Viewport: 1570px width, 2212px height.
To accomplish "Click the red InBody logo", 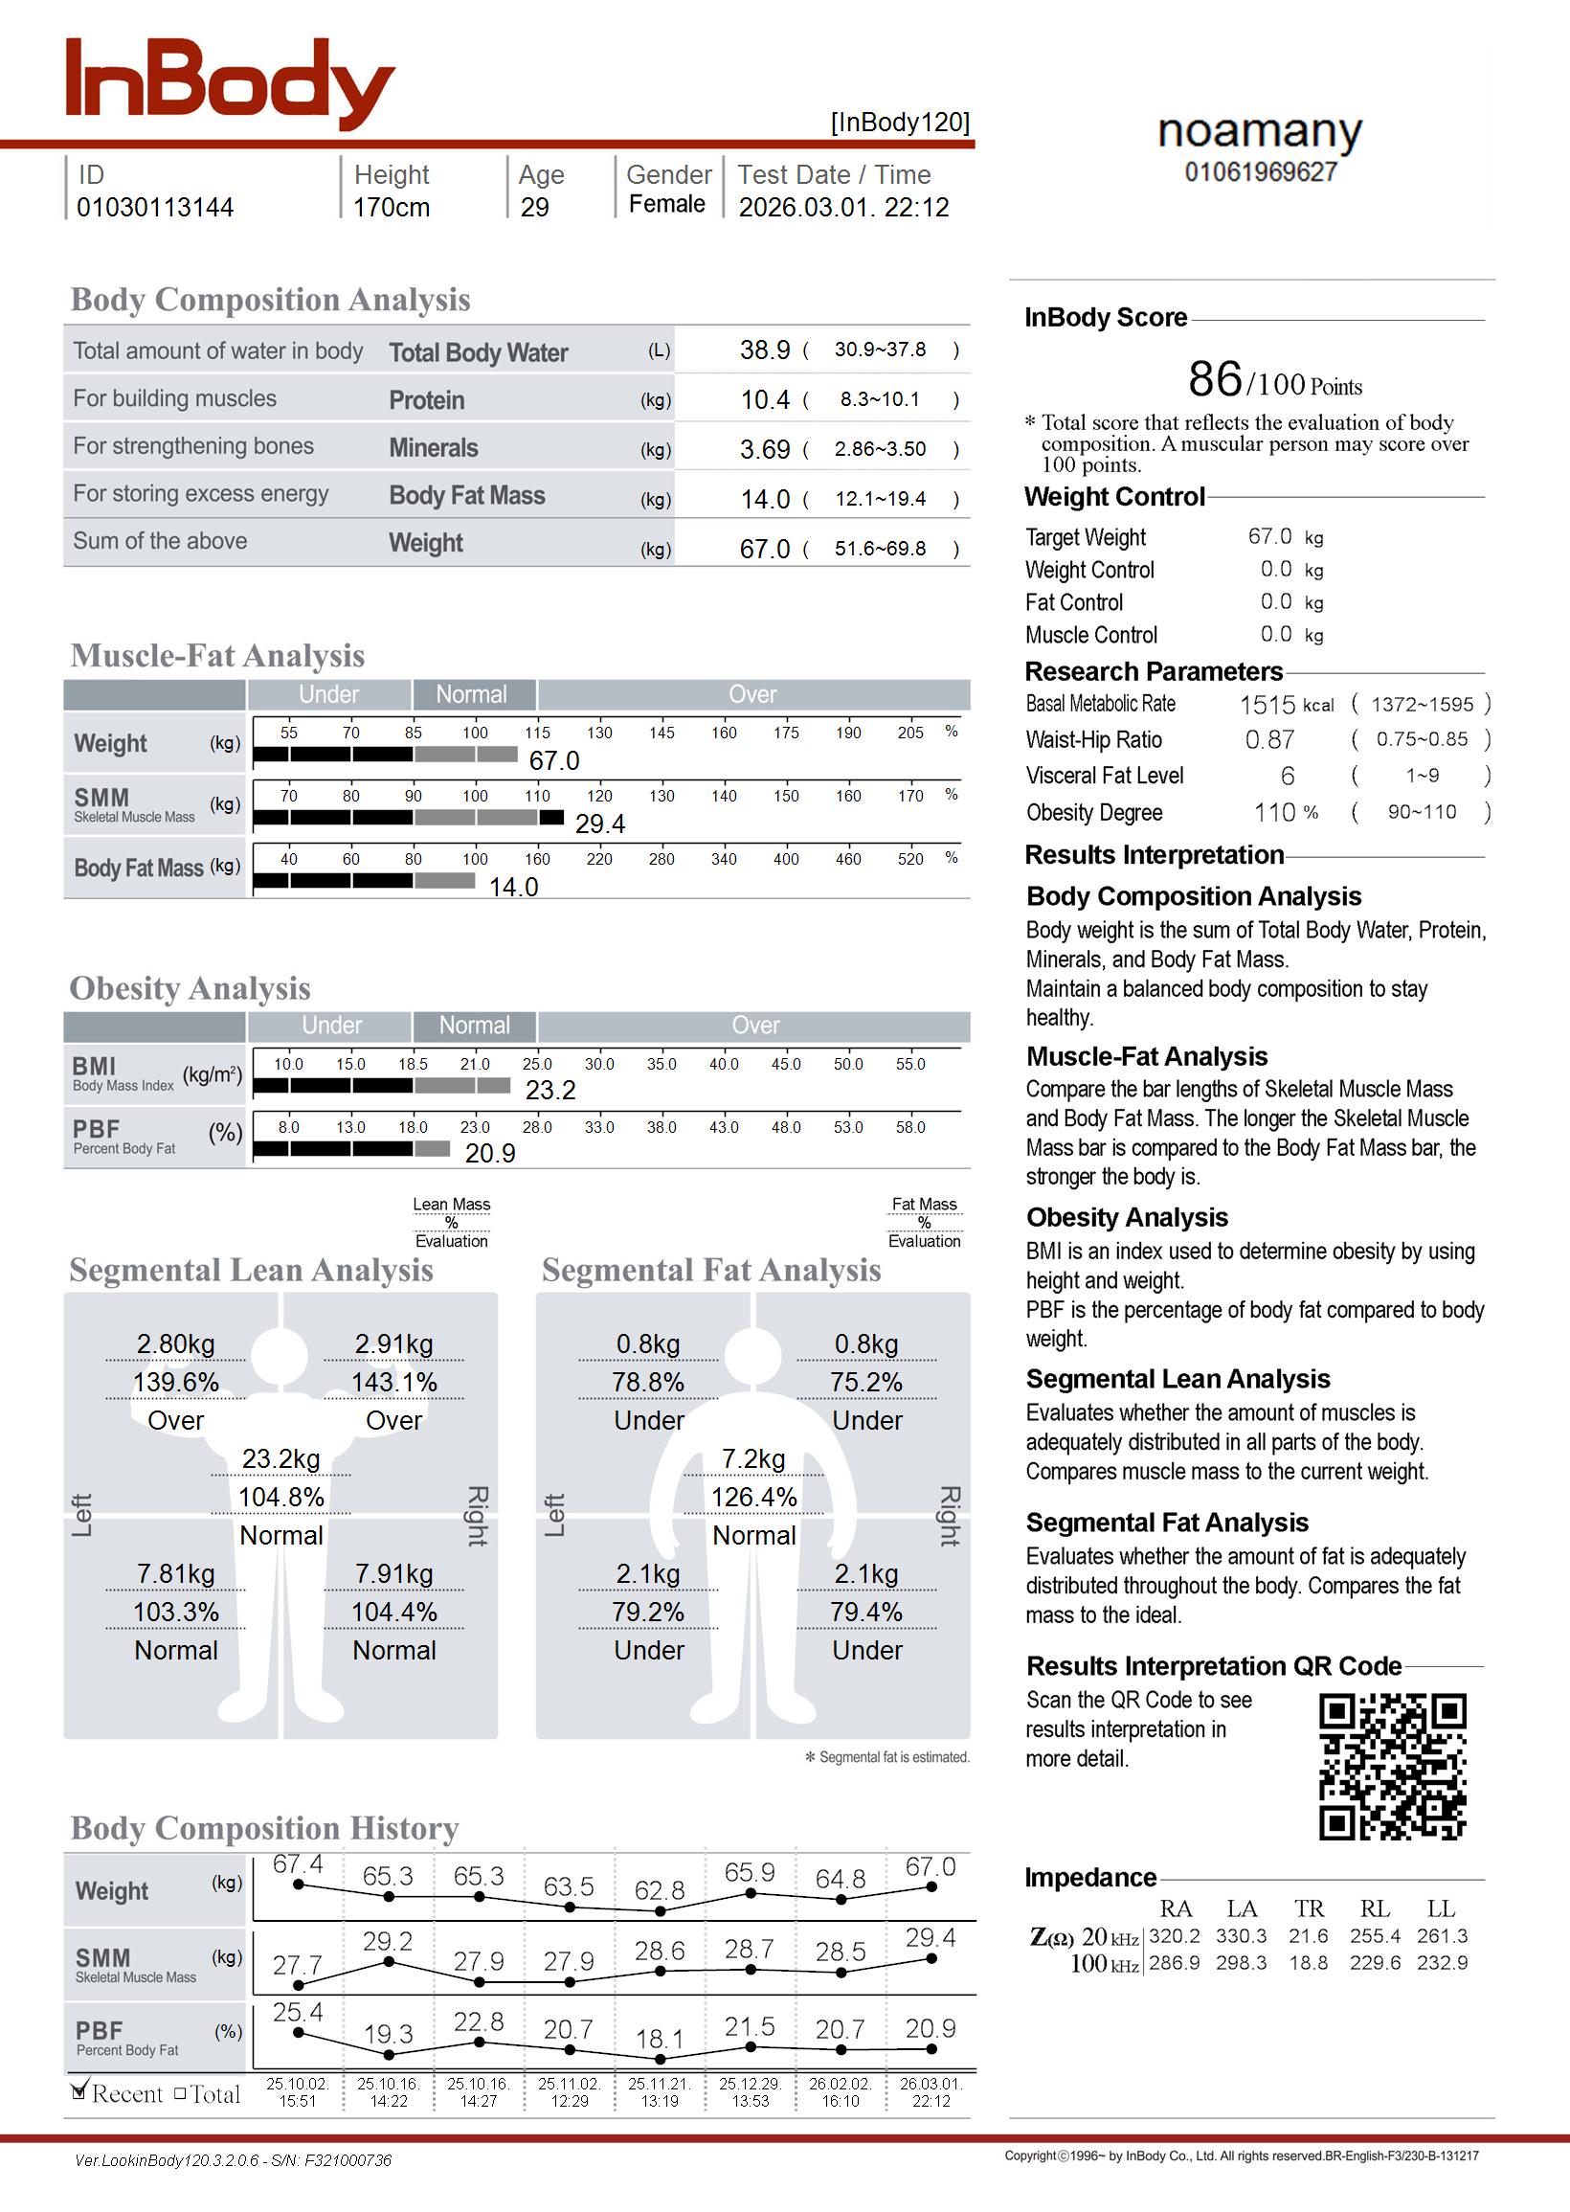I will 230,84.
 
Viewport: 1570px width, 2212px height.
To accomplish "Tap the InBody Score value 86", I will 1214,378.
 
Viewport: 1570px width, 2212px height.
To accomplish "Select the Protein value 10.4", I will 765,399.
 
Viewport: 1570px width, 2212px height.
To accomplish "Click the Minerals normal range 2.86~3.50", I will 880,448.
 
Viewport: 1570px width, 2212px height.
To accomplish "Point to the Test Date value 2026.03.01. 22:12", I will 843,207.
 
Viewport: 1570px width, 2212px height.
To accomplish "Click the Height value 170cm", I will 391,207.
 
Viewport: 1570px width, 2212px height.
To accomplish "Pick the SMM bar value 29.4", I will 599,824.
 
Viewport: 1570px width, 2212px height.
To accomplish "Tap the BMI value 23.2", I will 550,1090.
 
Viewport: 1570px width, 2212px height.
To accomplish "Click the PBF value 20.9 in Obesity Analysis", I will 489,1152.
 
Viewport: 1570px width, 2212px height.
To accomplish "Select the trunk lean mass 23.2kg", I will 280,1457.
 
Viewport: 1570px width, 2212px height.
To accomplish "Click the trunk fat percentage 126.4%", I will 754,1497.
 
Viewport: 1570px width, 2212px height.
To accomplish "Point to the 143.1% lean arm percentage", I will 393,1382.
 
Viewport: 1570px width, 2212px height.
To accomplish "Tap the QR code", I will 1392,1766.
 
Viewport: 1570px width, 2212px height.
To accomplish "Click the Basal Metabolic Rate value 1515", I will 1267,705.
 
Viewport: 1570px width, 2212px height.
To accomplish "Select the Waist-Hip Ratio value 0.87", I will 1268,740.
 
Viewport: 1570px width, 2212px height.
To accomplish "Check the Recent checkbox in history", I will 79,2092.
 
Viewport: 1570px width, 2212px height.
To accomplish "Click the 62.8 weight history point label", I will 660,1889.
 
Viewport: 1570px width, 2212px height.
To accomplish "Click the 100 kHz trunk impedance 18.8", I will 1308,1963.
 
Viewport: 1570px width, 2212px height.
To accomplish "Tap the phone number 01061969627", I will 1261,172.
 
